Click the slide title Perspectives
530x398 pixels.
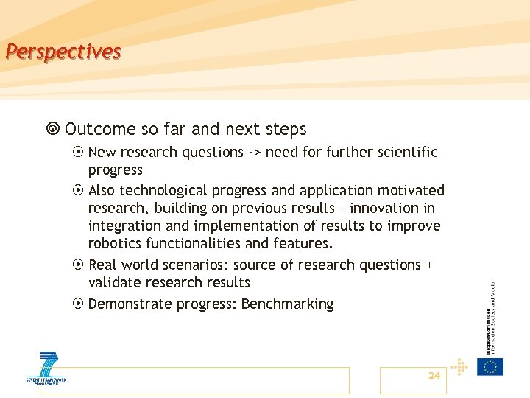(x=62, y=52)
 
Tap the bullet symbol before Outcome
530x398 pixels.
(x=52, y=130)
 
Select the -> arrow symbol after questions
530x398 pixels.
(x=254, y=153)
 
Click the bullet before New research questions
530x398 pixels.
(x=78, y=153)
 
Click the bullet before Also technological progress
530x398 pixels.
(x=78, y=191)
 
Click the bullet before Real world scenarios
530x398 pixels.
(x=78, y=265)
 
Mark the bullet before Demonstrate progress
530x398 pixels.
(x=78, y=304)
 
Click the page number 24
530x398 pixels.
(x=434, y=376)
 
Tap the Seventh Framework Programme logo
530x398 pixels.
(x=46, y=369)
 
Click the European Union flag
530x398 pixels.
(x=490, y=366)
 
